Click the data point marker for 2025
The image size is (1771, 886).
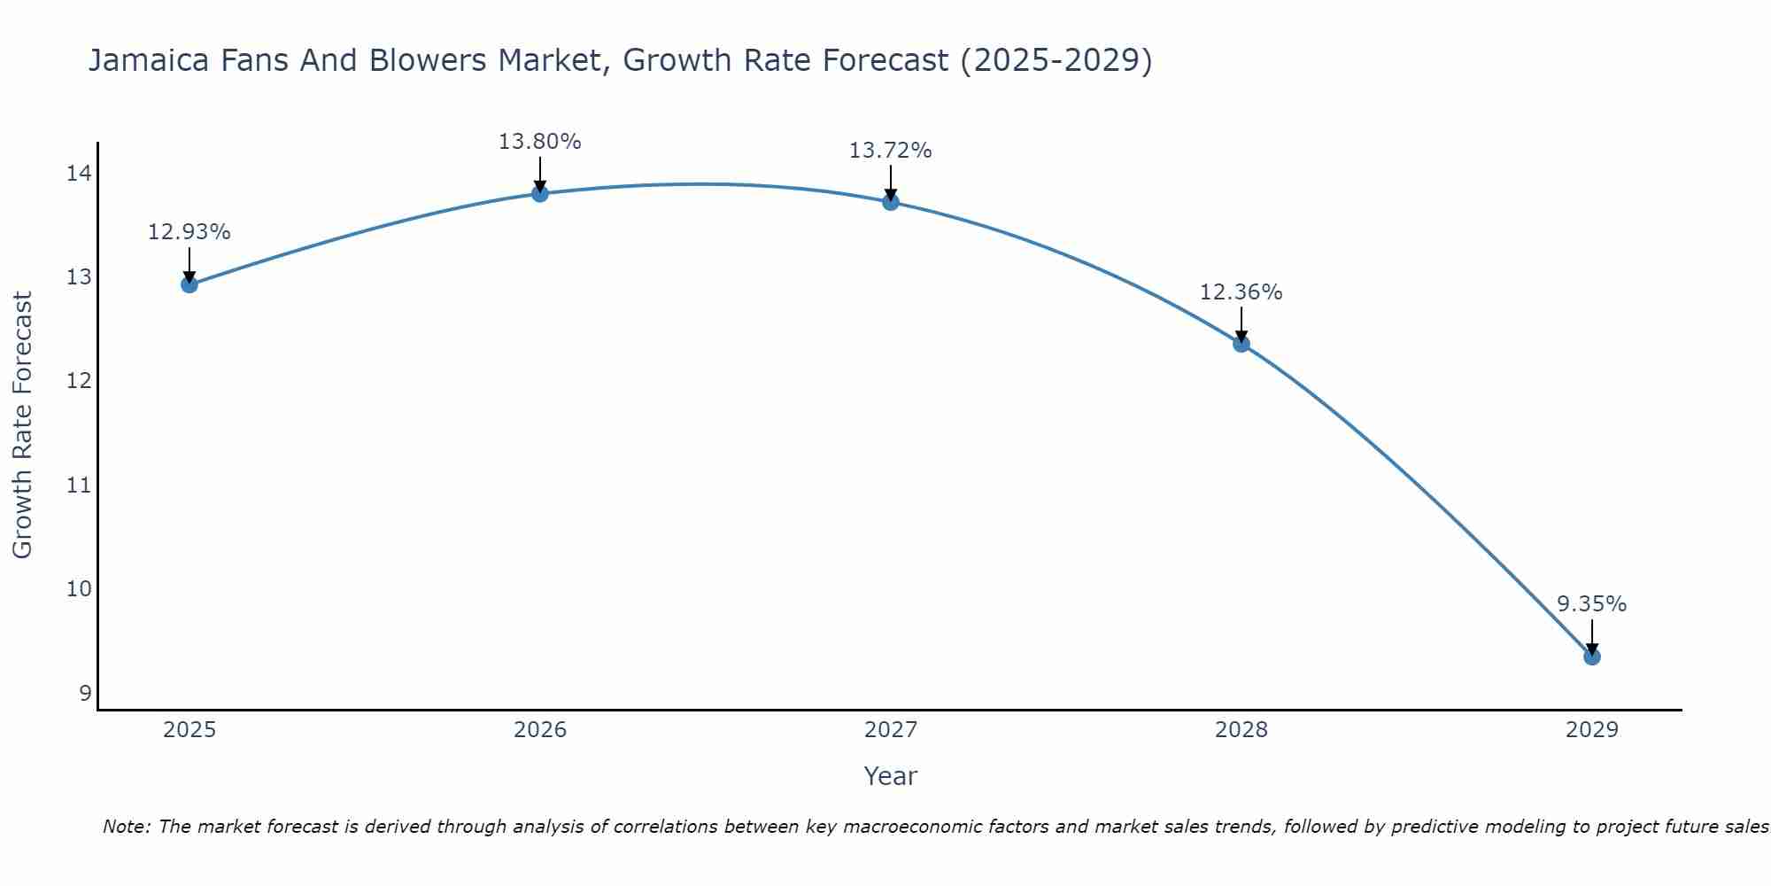pos(189,284)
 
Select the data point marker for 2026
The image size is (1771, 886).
pos(540,193)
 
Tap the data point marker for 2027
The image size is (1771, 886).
pos(891,202)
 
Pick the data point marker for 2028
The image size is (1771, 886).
pos(1241,344)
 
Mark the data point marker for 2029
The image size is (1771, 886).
pos(1591,657)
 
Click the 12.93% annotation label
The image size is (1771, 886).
pos(189,232)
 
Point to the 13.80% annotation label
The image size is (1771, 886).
pos(540,142)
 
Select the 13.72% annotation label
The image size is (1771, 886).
pos(891,151)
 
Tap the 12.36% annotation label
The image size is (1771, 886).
pos(1241,292)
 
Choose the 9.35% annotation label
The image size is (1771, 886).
pos(1591,604)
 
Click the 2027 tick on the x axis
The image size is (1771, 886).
pos(891,730)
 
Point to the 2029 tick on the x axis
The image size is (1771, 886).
pos(1591,730)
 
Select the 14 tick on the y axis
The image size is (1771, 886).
pos(79,174)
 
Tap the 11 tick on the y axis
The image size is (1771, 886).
pos(79,486)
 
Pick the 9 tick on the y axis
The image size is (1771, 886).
pos(85,693)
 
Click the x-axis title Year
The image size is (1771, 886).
pos(891,776)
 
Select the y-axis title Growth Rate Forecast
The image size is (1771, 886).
pos(23,425)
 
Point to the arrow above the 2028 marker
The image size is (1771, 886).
pos(1241,324)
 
